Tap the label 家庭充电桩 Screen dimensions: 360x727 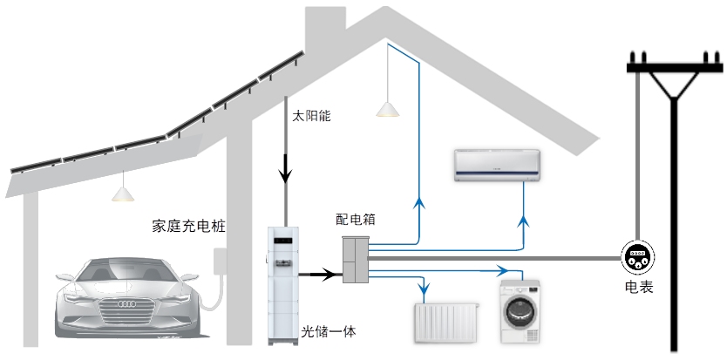(188, 227)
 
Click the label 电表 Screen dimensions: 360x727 (638, 287)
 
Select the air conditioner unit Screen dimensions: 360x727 (498, 164)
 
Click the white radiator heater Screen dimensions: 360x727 (445, 323)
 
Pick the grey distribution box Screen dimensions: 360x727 (355, 259)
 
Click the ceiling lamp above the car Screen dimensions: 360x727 (122, 193)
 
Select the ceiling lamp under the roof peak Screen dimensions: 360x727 (386, 109)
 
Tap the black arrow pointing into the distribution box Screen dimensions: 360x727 (328, 275)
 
